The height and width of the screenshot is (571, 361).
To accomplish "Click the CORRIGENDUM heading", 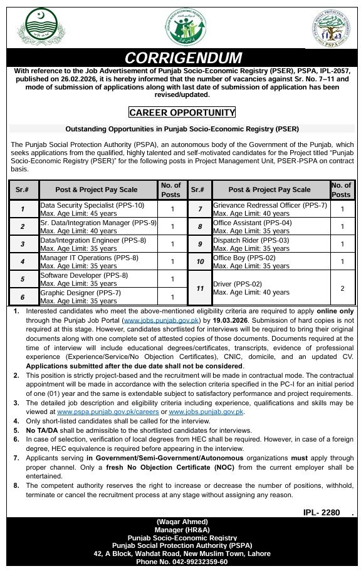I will [x=183, y=58].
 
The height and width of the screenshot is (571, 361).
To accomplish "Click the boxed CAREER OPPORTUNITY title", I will [x=182, y=113].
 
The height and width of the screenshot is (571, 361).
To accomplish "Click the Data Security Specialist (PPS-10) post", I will [x=92, y=205].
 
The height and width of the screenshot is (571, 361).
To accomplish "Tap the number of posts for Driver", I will [x=342, y=288].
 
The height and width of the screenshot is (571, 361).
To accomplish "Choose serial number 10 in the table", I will [x=200, y=261].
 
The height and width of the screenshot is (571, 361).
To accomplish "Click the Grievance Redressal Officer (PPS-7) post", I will [x=270, y=205].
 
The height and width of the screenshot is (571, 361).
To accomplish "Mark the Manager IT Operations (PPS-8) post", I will [x=89, y=258].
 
